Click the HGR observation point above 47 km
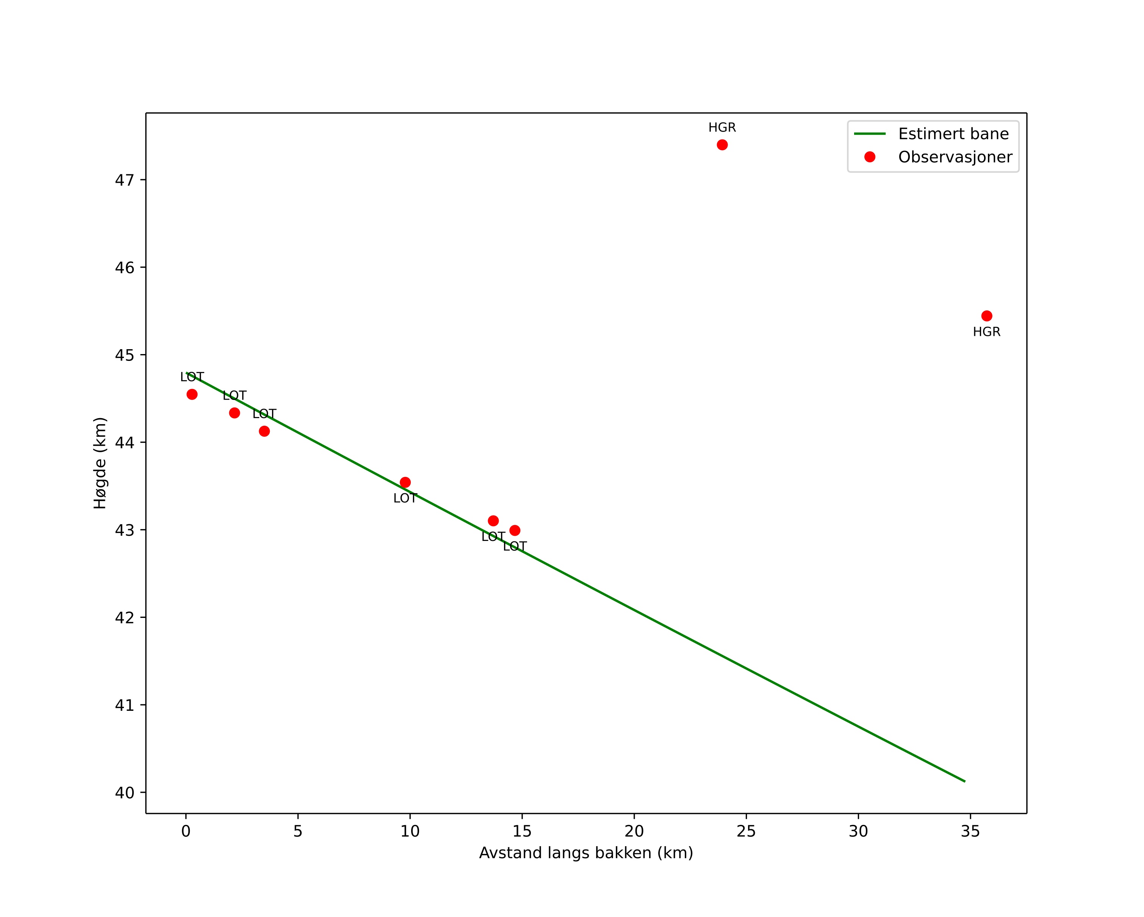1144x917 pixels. point(722,145)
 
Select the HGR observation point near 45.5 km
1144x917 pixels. point(986,316)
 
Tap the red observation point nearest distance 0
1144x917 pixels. point(192,394)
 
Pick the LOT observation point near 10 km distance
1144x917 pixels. point(405,482)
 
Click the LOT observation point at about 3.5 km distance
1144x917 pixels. point(264,431)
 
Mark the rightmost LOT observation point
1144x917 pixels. point(515,530)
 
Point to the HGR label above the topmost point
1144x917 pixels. point(722,128)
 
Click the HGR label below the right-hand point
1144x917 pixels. point(986,332)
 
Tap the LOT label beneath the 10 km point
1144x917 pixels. point(405,498)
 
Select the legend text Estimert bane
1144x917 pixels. point(953,134)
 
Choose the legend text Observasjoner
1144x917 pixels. point(955,157)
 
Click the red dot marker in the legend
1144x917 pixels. point(870,157)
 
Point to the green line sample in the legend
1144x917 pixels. point(870,134)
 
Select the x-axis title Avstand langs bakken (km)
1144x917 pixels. point(586,853)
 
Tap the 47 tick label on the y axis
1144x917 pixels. point(124,180)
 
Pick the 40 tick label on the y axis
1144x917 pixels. point(124,793)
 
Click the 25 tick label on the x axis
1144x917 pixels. point(746,832)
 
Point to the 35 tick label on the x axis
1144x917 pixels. point(970,832)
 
